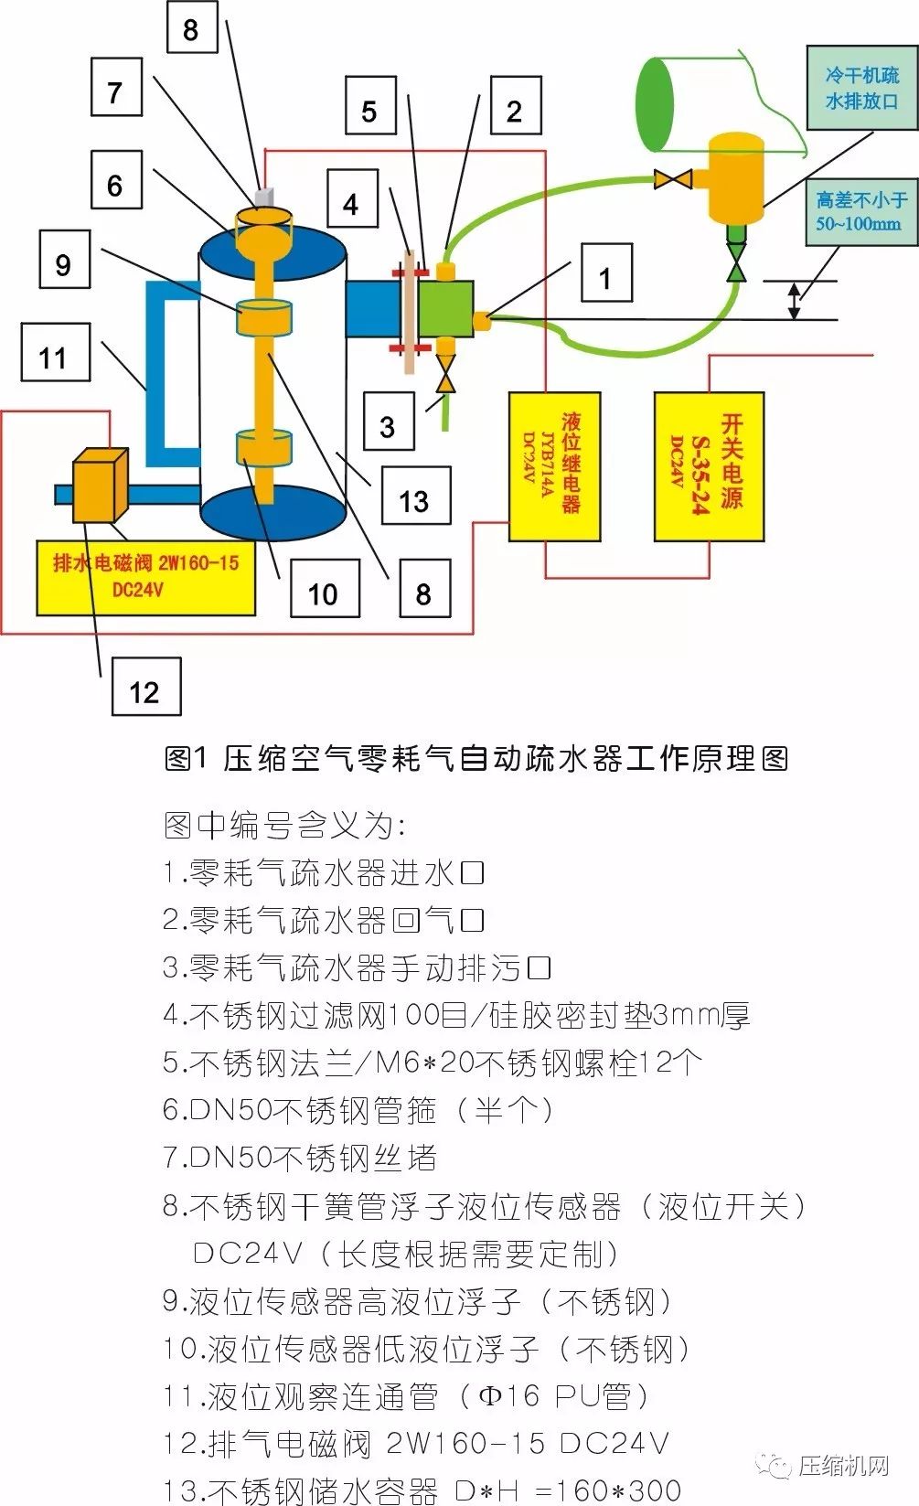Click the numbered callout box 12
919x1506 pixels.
[x=146, y=687]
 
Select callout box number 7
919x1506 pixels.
[x=116, y=87]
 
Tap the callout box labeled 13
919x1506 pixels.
[x=416, y=496]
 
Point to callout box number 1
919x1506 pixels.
[x=606, y=272]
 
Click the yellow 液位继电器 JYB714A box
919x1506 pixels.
[x=554, y=466]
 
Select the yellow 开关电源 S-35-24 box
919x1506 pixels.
[x=710, y=466]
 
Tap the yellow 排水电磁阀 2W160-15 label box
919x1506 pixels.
[x=146, y=577]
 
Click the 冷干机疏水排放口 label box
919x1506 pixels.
[x=861, y=88]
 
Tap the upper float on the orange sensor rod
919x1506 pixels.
[x=264, y=316]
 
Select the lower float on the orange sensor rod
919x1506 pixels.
[x=264, y=447]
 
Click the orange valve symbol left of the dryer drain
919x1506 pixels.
[x=673, y=179]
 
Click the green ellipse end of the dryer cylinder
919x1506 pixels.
[x=656, y=104]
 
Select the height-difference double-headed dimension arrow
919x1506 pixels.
[x=794, y=300]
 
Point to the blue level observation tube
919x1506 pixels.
[x=156, y=374]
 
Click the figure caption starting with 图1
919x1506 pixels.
[x=476, y=758]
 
